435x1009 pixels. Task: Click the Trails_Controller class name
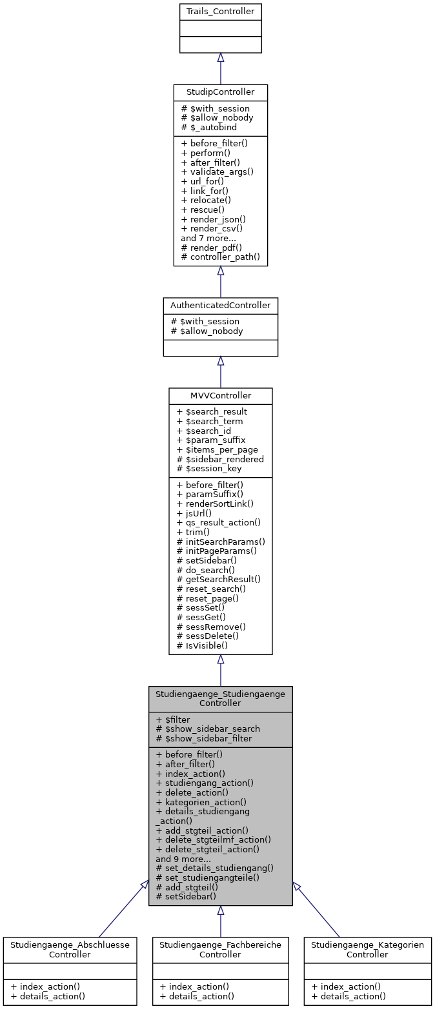coord(220,12)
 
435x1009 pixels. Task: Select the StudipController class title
coord(220,92)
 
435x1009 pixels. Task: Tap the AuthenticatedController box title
coord(220,305)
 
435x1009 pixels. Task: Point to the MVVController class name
coord(220,395)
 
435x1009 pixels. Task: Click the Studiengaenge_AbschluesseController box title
coord(70,949)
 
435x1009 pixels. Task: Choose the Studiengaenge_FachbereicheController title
coord(220,949)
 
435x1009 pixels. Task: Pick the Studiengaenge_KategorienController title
coord(367,949)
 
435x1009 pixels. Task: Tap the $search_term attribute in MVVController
coord(209,421)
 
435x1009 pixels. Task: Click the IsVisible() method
coord(204,645)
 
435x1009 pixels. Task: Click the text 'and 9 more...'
coord(183,859)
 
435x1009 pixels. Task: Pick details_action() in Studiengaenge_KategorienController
coord(349,996)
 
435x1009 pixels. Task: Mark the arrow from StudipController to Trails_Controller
coord(220,68)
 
